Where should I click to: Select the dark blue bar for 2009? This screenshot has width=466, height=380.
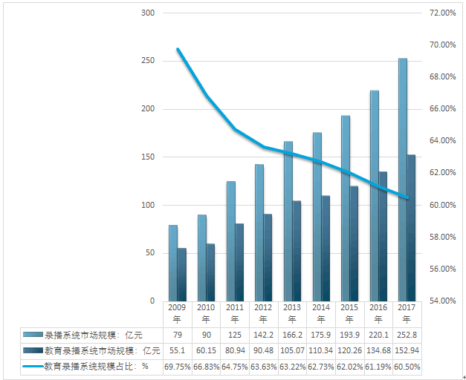181,275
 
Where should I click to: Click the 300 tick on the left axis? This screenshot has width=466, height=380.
147,13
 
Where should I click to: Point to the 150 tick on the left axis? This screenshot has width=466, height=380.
147,157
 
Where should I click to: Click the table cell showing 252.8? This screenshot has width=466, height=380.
406,335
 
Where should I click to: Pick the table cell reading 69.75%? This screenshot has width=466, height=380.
177,366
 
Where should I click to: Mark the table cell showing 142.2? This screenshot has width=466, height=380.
263,335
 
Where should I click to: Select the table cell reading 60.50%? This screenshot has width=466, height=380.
406,366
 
